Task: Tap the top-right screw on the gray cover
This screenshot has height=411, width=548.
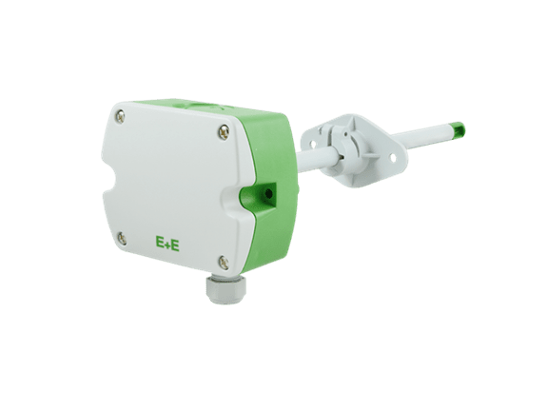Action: (x=223, y=131)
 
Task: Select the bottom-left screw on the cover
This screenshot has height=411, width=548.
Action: (x=122, y=237)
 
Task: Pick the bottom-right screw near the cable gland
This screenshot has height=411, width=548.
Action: (x=223, y=261)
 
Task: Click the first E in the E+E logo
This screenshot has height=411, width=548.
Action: (x=159, y=244)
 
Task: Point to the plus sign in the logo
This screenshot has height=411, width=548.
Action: (x=166, y=245)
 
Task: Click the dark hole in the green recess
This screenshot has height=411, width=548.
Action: (x=268, y=193)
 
